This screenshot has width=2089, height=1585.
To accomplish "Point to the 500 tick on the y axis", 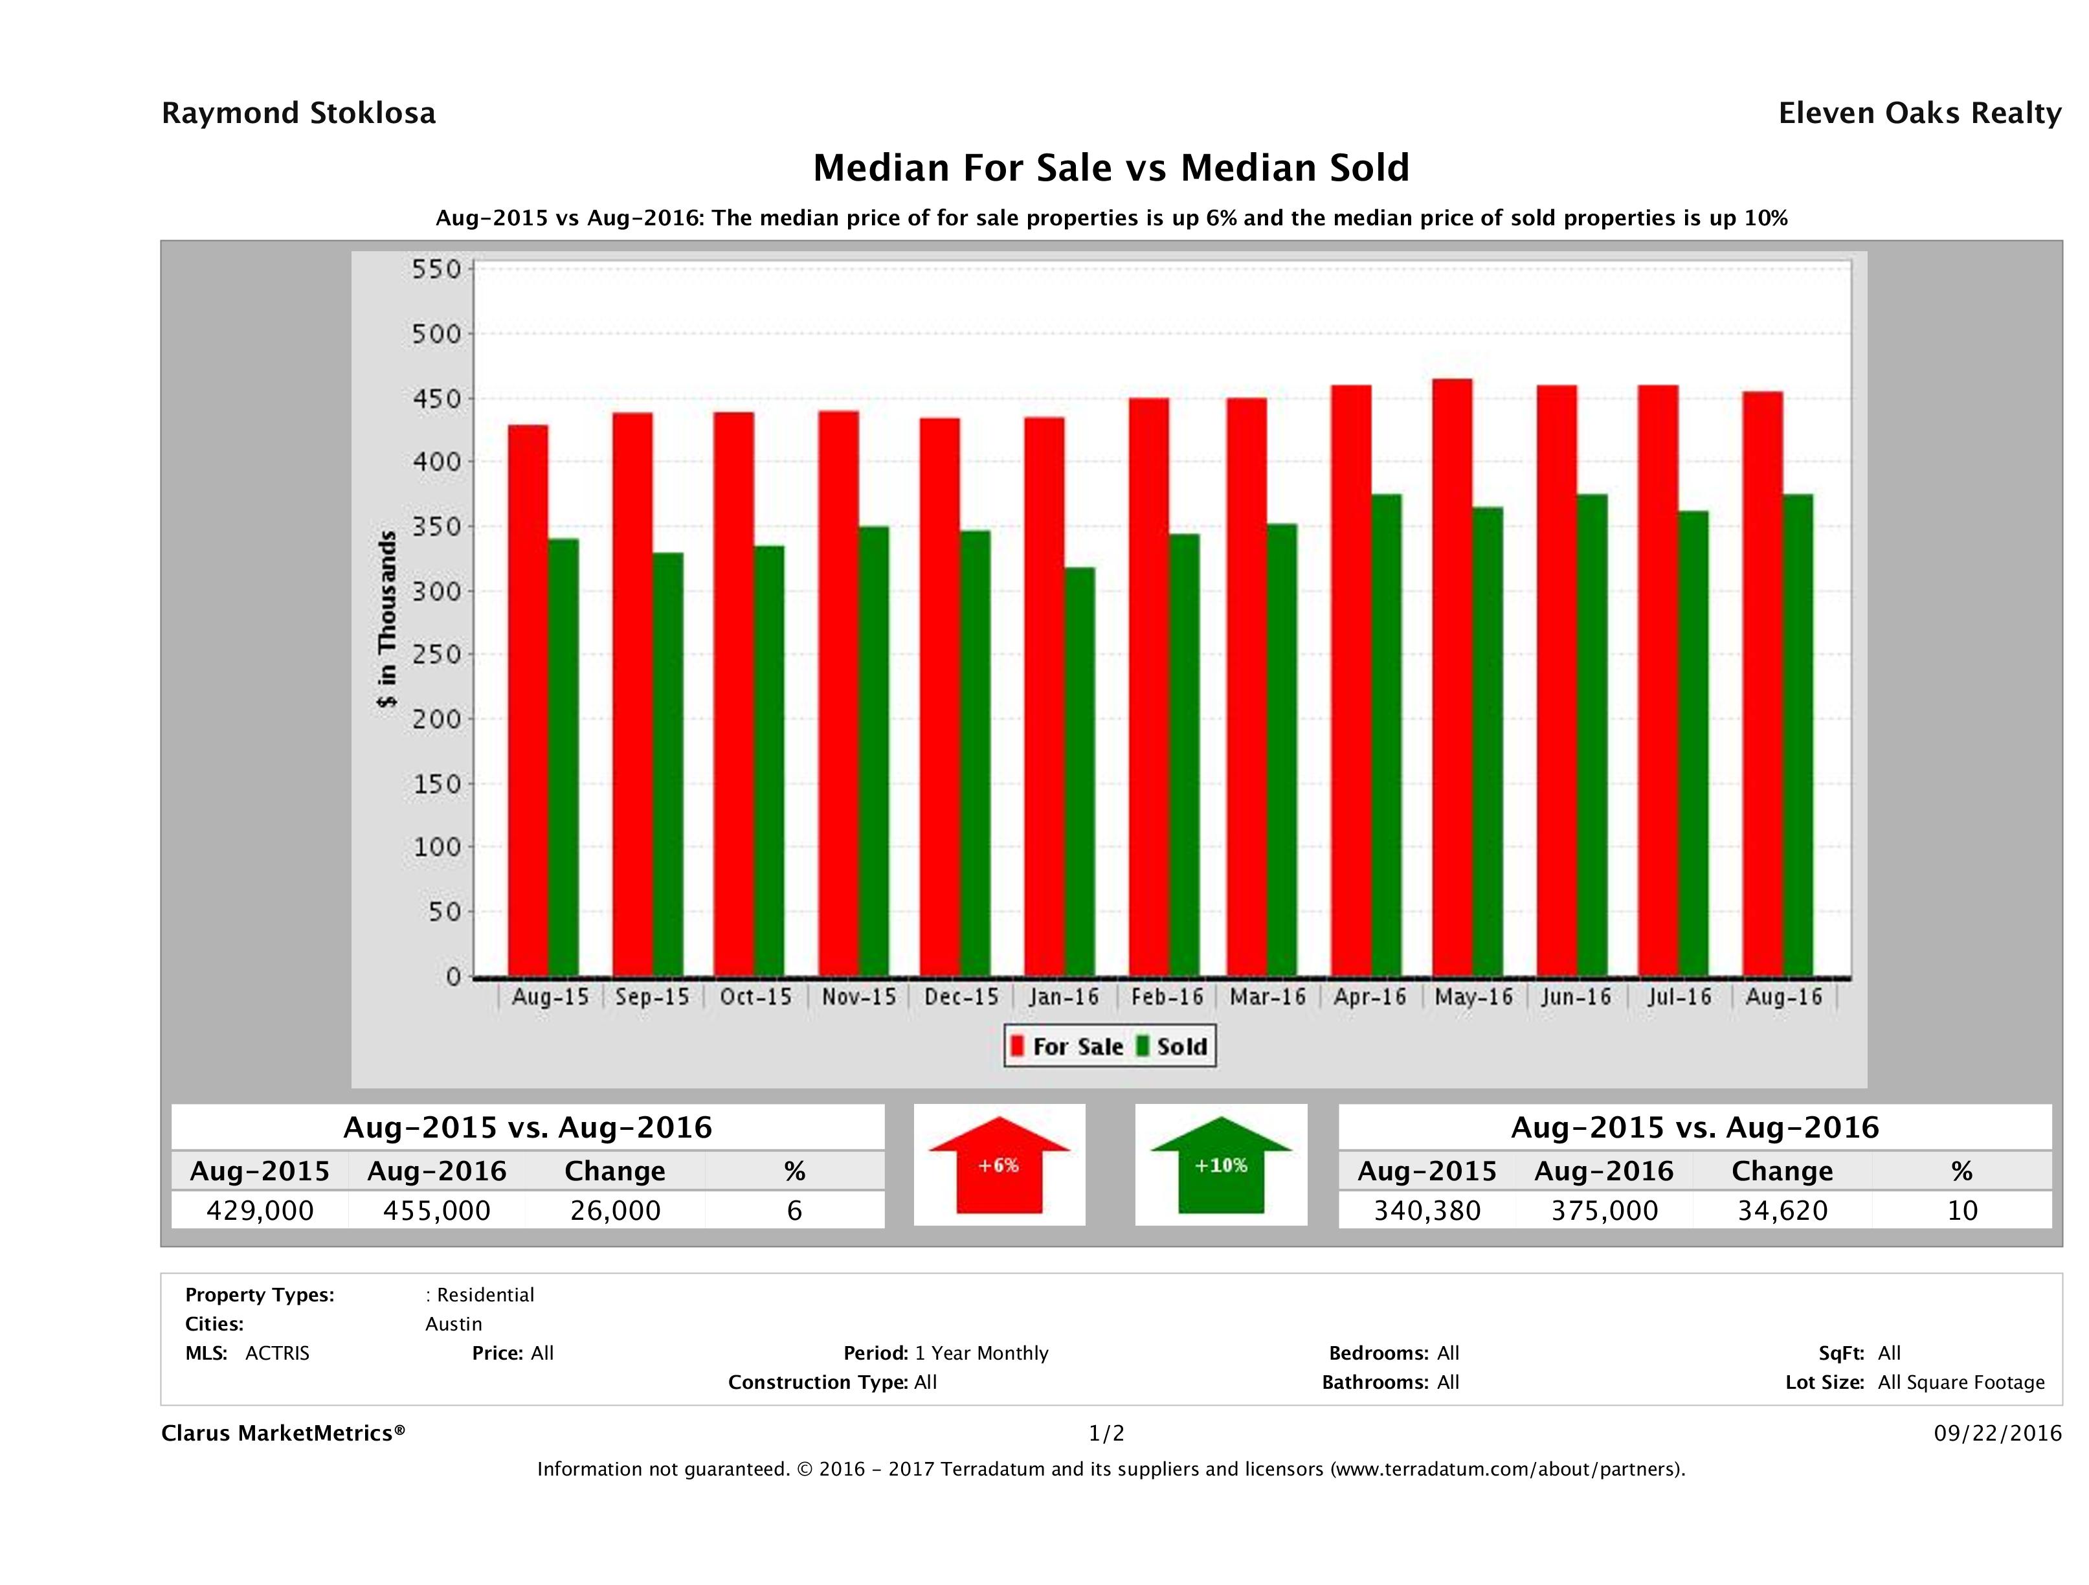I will tap(437, 333).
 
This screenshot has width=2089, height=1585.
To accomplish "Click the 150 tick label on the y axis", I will tap(437, 783).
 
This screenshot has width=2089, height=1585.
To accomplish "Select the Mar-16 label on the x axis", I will tap(1268, 996).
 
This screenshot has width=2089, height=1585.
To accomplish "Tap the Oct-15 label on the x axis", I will tap(755, 996).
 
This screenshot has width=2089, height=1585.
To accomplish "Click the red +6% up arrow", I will tap(999, 1165).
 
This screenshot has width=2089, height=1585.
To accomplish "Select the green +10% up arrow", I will tap(1221, 1165).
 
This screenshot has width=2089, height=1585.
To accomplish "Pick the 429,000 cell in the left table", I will tap(260, 1210).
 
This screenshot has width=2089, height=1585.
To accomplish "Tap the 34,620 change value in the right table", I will tap(1782, 1210).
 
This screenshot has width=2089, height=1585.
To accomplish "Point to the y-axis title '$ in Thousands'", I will tap(387, 619).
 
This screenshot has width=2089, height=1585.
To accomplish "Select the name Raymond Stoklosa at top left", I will tap(298, 113).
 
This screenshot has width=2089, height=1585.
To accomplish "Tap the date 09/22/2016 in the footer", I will tap(1997, 1433).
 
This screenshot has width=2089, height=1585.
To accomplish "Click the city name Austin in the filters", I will tap(453, 1323).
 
